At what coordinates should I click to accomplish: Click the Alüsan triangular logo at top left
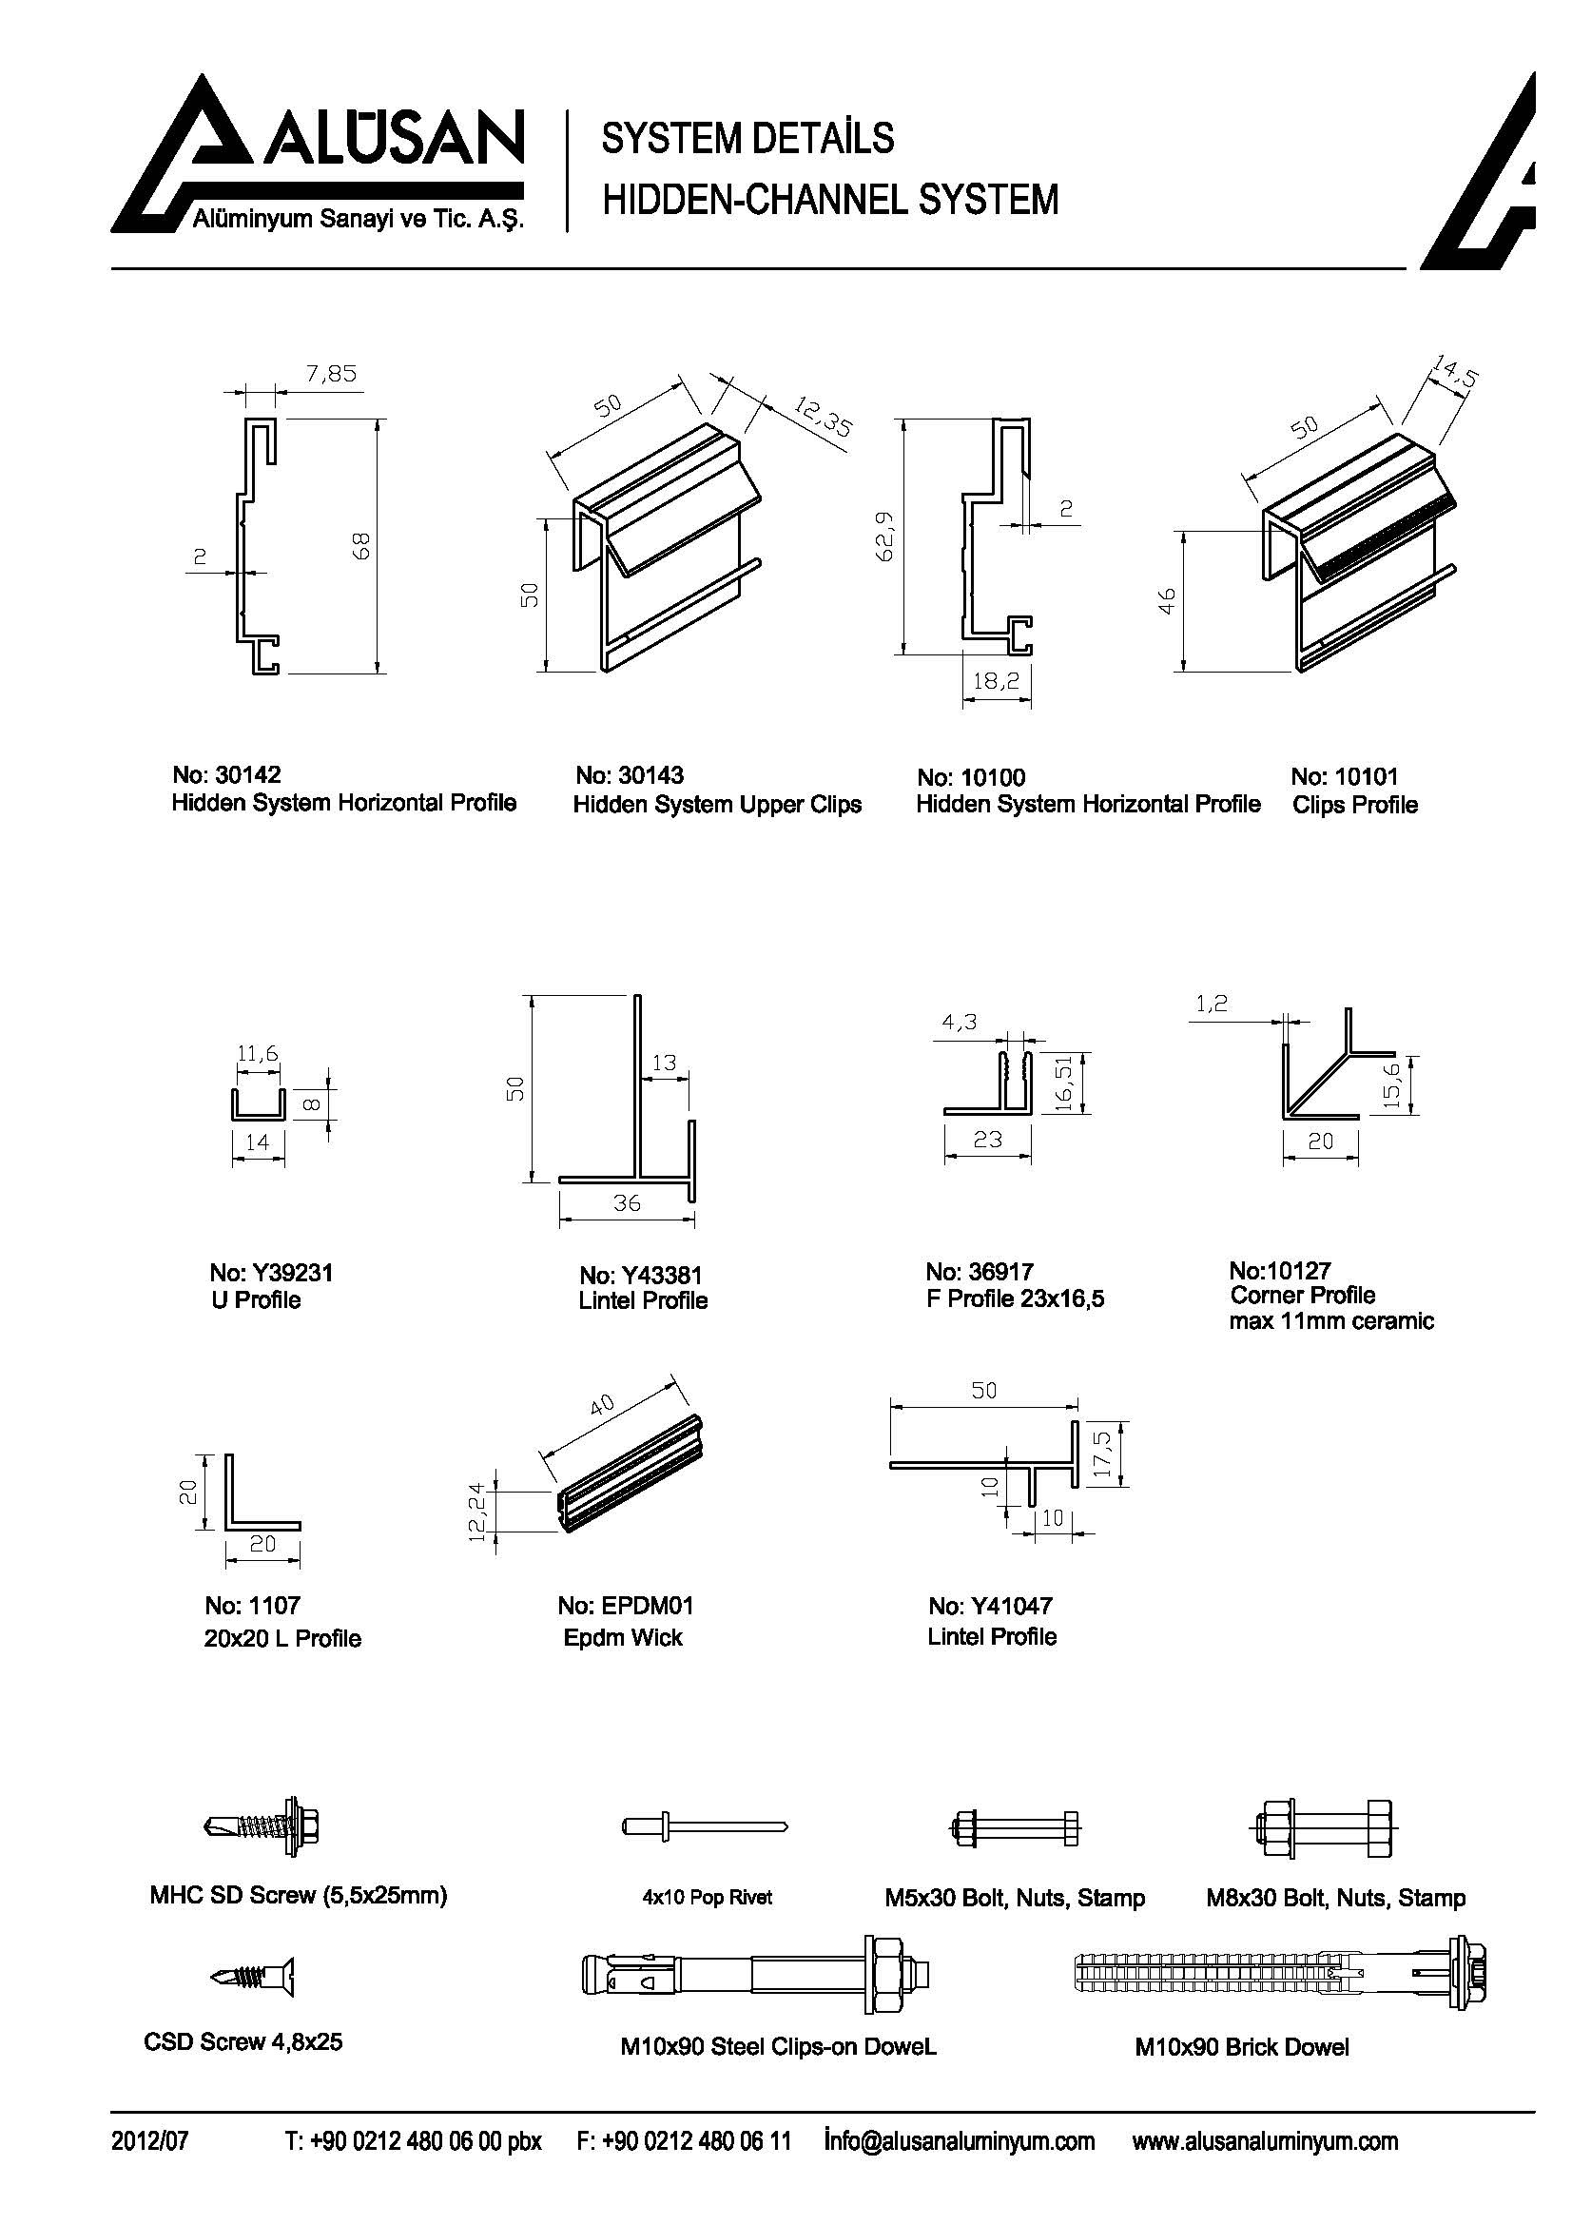click(x=194, y=155)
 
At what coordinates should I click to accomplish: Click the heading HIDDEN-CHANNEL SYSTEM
click(x=830, y=200)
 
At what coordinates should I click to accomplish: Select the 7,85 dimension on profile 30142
click(x=331, y=373)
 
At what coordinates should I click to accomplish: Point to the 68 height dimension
click(x=363, y=546)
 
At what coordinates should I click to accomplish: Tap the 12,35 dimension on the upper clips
click(x=823, y=417)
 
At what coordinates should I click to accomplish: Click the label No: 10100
click(x=971, y=777)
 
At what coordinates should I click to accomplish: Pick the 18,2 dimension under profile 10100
click(x=996, y=681)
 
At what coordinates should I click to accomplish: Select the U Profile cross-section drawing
click(x=258, y=1103)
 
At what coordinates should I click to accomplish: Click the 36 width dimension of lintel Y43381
click(x=627, y=1202)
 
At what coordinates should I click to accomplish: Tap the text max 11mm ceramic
click(x=1330, y=1321)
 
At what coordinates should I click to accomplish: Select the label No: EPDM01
click(x=625, y=1606)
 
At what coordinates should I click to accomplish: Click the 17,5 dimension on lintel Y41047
click(x=1103, y=1454)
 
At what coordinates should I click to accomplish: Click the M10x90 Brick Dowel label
click(x=1241, y=2047)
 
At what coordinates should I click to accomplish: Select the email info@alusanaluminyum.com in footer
click(x=959, y=2140)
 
